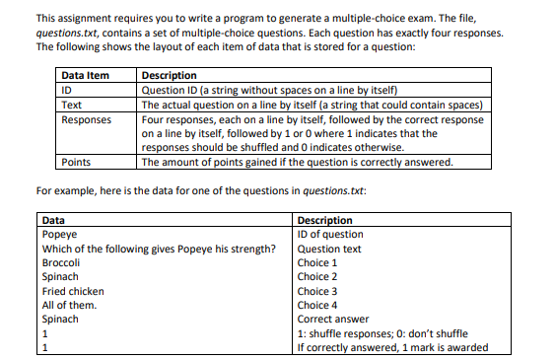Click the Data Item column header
85,76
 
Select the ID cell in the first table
68,90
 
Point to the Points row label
76,162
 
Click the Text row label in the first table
72,105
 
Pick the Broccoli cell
61,263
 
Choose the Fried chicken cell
70,291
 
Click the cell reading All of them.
67,305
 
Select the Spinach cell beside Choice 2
60,277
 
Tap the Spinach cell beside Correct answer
60,319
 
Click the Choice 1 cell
317,263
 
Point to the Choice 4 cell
317,305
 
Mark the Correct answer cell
334,319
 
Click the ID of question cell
330,234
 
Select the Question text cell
329,249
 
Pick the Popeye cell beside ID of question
58,234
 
